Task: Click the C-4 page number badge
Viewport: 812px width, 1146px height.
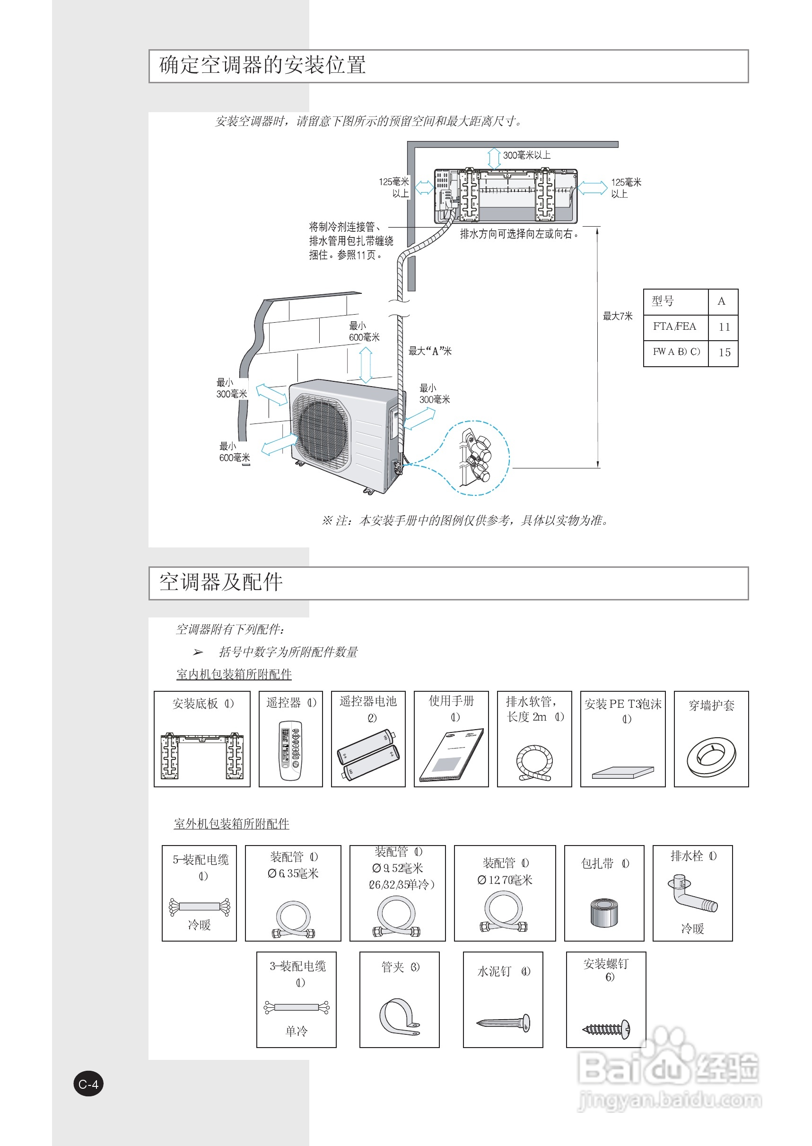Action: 88,1084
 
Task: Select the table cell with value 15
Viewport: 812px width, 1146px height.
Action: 724,353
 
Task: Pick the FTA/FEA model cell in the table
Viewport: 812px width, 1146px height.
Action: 674,326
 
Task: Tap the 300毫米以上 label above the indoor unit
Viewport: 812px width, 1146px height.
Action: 526,156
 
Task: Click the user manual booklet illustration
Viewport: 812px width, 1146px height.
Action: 452,754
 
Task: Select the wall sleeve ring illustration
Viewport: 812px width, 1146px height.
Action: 711,757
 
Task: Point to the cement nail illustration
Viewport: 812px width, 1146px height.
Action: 503,1022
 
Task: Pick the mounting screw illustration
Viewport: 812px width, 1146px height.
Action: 606,1029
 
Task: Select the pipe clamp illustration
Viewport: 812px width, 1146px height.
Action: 399,1017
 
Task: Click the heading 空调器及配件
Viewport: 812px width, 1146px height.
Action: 221,582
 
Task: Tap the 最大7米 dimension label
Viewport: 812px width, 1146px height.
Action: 618,316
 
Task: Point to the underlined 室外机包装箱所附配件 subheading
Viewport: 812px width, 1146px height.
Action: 232,824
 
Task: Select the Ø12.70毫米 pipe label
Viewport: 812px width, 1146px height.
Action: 505,881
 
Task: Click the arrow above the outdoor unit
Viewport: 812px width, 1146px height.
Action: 366,365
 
